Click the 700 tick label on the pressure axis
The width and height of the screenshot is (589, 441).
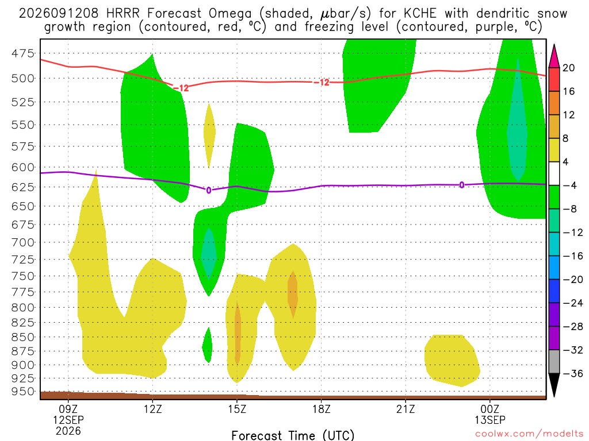pos(23,242)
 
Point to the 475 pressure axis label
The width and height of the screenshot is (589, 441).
pos(23,53)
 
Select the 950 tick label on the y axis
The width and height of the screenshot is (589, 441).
pos(23,391)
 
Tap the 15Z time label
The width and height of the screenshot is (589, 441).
pos(237,408)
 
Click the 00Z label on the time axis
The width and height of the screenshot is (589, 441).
pos(490,408)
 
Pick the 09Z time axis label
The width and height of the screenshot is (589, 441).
pos(68,408)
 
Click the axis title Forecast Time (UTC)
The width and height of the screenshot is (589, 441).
pos(293,435)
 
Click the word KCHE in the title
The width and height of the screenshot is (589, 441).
pos(420,14)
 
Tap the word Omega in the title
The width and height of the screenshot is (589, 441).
pos(230,14)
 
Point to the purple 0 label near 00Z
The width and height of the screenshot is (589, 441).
pos(462,184)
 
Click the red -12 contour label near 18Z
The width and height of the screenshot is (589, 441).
pos(322,82)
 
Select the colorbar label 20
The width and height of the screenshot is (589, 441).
pos(569,68)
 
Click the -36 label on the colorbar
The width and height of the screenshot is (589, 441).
pos(572,373)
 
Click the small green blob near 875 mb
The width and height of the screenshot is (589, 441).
pos(207,345)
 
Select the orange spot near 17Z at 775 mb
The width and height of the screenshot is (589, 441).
pos(293,295)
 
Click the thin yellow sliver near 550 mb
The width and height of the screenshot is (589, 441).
pos(209,136)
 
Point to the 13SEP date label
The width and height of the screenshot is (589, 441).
pos(490,420)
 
